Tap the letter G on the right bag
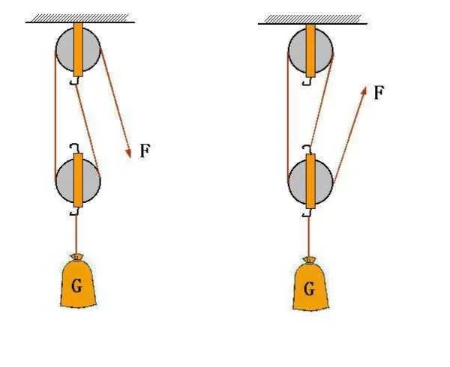(x=308, y=287)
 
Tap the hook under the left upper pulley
(x=76, y=81)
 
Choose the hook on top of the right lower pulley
(x=307, y=147)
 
